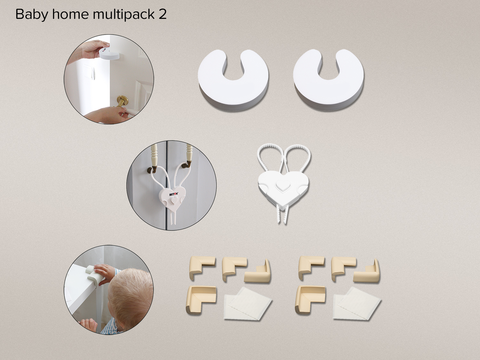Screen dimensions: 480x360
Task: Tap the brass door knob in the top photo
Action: coord(121,101)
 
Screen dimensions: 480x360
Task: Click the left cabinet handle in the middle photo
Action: coord(154,160)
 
